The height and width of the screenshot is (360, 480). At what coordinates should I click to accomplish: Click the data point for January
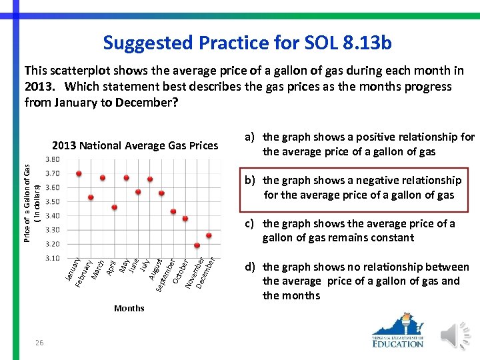tap(79, 173)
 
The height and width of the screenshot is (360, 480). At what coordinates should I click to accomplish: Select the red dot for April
tap(115, 207)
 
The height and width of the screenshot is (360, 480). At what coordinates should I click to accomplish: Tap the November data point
tap(197, 246)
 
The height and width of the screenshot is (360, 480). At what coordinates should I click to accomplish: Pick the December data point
tap(209, 235)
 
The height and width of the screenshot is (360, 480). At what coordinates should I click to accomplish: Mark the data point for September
tap(173, 212)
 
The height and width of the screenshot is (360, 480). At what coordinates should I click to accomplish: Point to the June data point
tap(138, 192)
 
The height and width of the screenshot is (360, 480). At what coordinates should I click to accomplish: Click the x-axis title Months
tap(129, 308)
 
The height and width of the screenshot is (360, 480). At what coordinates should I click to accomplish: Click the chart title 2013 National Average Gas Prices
tap(135, 145)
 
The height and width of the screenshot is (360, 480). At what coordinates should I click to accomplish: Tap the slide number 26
tap(40, 342)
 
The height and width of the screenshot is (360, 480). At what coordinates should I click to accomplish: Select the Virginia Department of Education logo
tap(398, 331)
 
